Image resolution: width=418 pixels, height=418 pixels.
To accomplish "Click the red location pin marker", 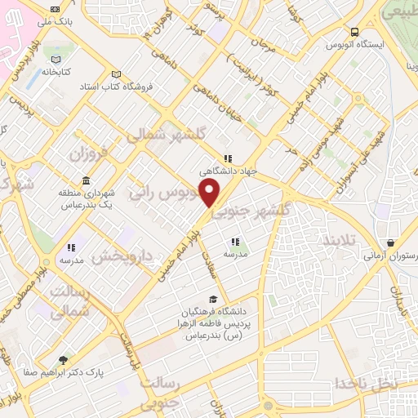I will pyautogui.click(x=210, y=193).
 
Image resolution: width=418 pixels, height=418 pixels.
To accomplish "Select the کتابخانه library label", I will pyautogui.click(x=54, y=73).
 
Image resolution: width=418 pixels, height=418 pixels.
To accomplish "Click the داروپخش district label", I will pyautogui.click(x=122, y=256).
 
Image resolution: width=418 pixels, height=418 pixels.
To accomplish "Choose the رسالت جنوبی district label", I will pyautogui.click(x=163, y=392).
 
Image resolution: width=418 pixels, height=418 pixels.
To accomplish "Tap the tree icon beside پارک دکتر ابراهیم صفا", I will pyautogui.click(x=64, y=358).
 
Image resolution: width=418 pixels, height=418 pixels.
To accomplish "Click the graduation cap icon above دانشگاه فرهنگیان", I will pyautogui.click(x=214, y=299).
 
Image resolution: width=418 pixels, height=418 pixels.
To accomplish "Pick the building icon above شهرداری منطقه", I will pyautogui.click(x=86, y=181).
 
